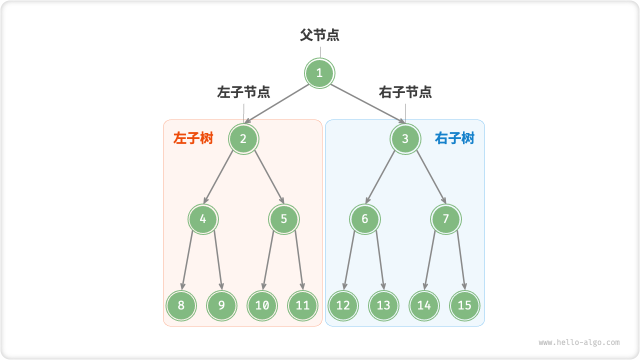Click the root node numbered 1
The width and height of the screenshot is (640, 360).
[x=319, y=73]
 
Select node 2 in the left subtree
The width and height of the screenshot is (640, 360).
[x=243, y=139]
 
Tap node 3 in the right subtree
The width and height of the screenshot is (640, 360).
[x=405, y=139]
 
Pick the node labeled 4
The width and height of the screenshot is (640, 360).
[x=203, y=219]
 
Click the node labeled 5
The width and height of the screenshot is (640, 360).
[x=284, y=219]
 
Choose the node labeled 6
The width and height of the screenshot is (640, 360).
[x=365, y=219]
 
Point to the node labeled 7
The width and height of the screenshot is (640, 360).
[x=446, y=219]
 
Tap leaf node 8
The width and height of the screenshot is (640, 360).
[x=181, y=305]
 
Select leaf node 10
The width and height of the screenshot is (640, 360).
[x=262, y=305]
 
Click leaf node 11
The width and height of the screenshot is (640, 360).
[x=302, y=305]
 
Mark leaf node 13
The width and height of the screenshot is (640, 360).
[x=383, y=305]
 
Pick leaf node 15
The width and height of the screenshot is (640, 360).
[x=464, y=305]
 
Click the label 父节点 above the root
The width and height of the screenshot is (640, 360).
[x=319, y=35]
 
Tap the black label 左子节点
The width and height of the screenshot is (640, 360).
[x=243, y=92]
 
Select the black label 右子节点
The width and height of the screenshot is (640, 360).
[x=405, y=92]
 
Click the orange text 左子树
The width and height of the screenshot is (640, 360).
[x=193, y=138]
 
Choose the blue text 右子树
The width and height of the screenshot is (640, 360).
[x=454, y=138]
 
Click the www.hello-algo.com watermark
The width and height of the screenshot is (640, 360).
[x=579, y=342]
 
